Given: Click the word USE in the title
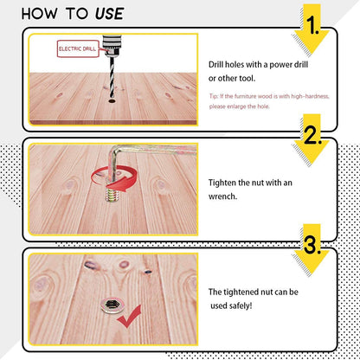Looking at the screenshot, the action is pyautogui.click(x=110, y=14).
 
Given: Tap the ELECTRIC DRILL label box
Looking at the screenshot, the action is pyautogui.click(x=78, y=48).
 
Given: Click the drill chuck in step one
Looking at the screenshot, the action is pyautogui.click(x=112, y=46).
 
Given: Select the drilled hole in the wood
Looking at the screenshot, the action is pyautogui.click(x=112, y=101).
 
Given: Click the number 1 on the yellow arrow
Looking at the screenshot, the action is pyautogui.click(x=312, y=25).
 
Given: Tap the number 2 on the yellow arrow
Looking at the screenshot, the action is pyautogui.click(x=312, y=135).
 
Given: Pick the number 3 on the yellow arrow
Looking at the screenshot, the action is pyautogui.click(x=312, y=245).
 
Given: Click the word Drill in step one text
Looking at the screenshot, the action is pyautogui.click(x=216, y=64).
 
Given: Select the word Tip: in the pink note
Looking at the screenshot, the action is pyautogui.click(x=214, y=96).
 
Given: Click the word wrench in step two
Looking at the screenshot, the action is pyautogui.click(x=222, y=196).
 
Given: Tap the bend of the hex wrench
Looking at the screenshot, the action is pyautogui.click(x=113, y=151).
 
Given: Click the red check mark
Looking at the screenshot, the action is pyautogui.click(x=129, y=317).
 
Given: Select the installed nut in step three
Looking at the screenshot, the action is pyautogui.click(x=112, y=305).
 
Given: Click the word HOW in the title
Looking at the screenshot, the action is pyautogui.click(x=39, y=14).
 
